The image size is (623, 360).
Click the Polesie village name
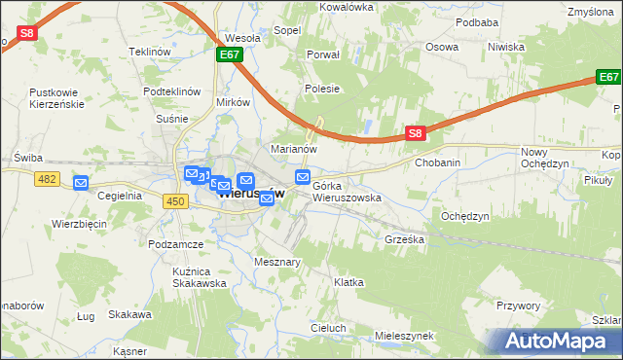[322, 89]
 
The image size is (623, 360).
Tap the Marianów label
[294, 150]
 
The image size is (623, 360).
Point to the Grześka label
[404, 238]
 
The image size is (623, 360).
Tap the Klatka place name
[348, 282]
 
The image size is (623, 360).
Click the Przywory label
[517, 306]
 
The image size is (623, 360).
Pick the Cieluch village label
[329, 328]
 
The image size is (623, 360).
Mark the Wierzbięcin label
[79, 224]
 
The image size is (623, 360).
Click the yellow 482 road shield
[46, 179]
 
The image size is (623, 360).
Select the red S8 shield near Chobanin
[416, 133]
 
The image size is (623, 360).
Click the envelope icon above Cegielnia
[81, 182]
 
